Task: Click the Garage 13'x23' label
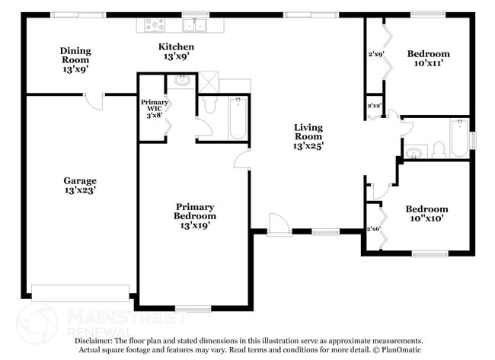coord(79,186)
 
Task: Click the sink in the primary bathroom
coord(183,80)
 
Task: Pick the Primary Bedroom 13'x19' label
coord(194,216)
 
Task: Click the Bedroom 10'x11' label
coord(428,59)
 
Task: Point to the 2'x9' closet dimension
coord(375,55)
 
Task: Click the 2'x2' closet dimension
coord(375,106)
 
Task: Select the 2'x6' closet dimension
coord(374,228)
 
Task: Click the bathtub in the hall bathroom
coord(458,139)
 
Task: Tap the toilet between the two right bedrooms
coord(439,149)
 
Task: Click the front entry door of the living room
coord(279,225)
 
